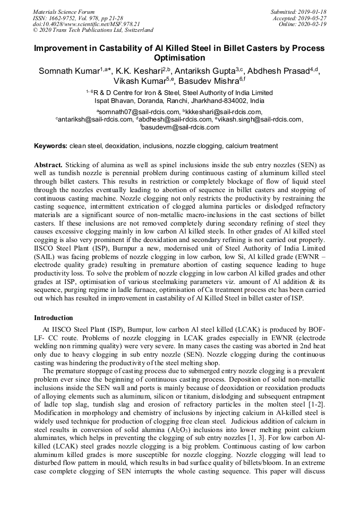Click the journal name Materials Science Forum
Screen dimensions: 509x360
click(x=64, y=11)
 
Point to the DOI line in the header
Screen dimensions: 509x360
click(x=86, y=24)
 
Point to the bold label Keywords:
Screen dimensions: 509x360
click(x=50, y=145)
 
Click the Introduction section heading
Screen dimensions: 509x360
click(x=54, y=318)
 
